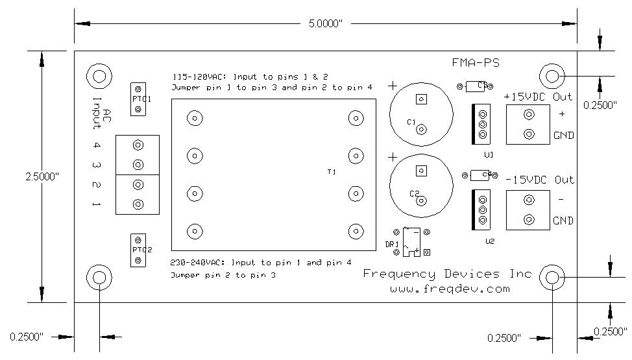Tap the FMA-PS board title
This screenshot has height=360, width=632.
pyautogui.click(x=476, y=62)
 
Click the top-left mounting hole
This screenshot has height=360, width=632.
pyautogui.click(x=99, y=76)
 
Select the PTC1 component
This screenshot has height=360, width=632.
pyautogui.click(x=138, y=99)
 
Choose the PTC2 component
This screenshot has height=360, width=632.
pyautogui.click(x=138, y=250)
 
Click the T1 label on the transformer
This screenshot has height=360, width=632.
pyautogui.click(x=332, y=172)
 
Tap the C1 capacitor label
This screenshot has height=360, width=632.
pyautogui.click(x=411, y=122)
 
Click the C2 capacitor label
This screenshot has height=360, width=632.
pyautogui.click(x=414, y=193)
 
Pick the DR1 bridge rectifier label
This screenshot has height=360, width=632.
pyautogui.click(x=391, y=243)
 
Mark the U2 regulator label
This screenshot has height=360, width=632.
pyautogui.click(x=489, y=241)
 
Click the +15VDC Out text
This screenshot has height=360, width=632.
pyautogui.click(x=539, y=97)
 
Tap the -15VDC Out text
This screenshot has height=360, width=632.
pyautogui.click(x=540, y=180)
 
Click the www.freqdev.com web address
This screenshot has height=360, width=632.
pyautogui.click(x=449, y=289)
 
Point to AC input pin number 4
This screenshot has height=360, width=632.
pyautogui.click(x=97, y=146)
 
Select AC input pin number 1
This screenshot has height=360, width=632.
pyautogui.click(x=97, y=205)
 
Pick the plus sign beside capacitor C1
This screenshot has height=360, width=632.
pyautogui.click(x=393, y=86)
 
